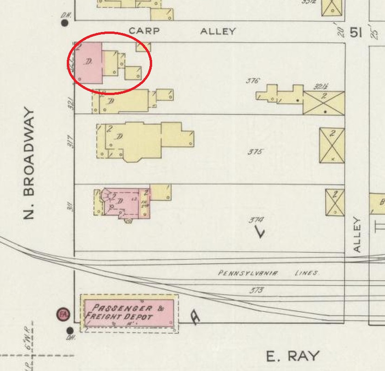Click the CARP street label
pyautogui.click(x=144, y=31)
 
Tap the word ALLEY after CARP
pyautogui.click(x=218, y=32)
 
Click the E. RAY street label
pyautogui.click(x=293, y=356)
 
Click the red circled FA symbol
pyautogui.click(x=63, y=314)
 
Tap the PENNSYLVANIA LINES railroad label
pyautogui.click(x=268, y=273)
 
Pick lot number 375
pyautogui.click(x=256, y=152)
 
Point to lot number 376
pyautogui.click(x=252, y=81)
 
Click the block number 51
pyautogui.click(x=356, y=33)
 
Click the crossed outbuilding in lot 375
pyautogui.click(x=332, y=146)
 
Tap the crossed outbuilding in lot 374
pyautogui.click(x=334, y=202)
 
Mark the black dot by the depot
pyautogui.click(x=70, y=331)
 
